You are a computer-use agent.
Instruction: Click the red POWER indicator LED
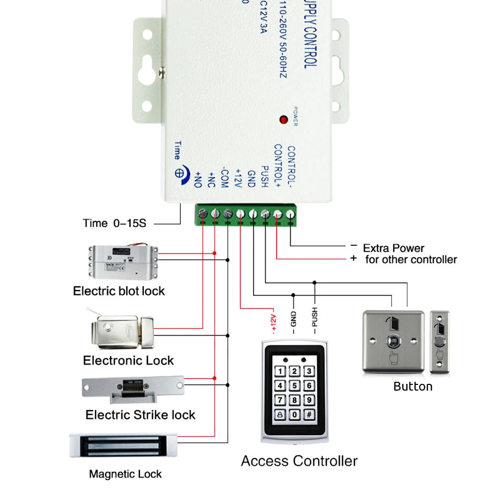click(283, 119)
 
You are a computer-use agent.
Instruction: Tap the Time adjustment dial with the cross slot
click(179, 173)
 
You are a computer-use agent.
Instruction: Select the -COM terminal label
click(224, 178)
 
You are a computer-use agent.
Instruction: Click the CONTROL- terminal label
click(291, 167)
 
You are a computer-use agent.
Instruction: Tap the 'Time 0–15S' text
click(115, 223)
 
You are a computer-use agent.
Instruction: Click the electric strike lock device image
click(134, 389)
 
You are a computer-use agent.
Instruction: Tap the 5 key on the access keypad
click(295, 385)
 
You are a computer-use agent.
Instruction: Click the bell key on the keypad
click(280, 415)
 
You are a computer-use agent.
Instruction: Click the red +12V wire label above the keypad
click(273, 322)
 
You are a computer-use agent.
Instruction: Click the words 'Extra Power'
click(393, 248)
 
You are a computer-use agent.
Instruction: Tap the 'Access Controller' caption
click(299, 461)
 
